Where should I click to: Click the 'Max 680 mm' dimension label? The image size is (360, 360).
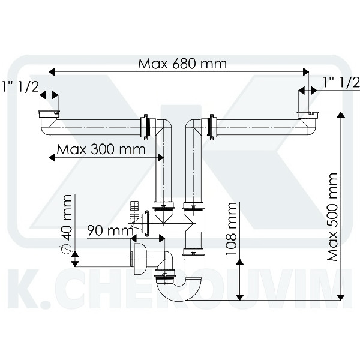click(182, 64)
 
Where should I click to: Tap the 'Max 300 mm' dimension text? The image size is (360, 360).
click(101, 149)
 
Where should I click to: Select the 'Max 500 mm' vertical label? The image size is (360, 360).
click(332, 217)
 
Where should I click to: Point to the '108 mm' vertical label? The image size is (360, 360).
click(231, 229)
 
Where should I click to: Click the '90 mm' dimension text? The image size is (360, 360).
click(110, 230)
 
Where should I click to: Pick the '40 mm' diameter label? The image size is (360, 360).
click(67, 217)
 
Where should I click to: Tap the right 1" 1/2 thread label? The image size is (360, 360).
click(341, 82)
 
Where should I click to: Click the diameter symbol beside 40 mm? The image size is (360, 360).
click(66, 249)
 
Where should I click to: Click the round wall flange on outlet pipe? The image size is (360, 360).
click(139, 259)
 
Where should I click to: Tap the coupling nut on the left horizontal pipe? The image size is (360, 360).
click(145, 127)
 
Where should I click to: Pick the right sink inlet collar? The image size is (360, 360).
click(308, 113)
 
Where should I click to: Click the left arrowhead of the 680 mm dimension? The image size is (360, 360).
click(52, 72)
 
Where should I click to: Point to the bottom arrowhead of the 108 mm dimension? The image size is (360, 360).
click(240, 297)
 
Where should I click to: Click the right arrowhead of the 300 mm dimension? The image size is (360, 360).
click(160, 157)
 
